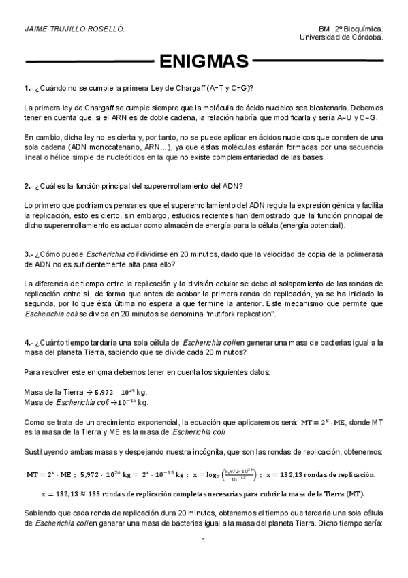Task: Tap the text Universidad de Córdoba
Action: (x=341, y=38)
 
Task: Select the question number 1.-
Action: (x=29, y=89)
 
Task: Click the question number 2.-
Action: (x=29, y=186)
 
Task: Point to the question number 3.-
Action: (x=29, y=254)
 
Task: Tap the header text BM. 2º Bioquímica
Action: (x=350, y=29)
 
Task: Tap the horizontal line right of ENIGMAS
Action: (x=317, y=62)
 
